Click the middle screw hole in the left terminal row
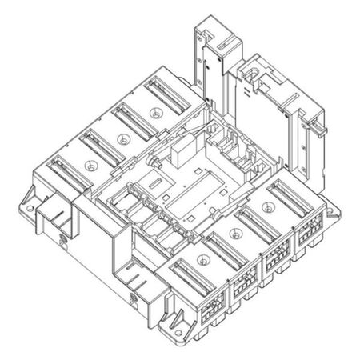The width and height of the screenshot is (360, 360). tap(122, 137)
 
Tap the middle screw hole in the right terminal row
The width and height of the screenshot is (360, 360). tap(235, 234)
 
